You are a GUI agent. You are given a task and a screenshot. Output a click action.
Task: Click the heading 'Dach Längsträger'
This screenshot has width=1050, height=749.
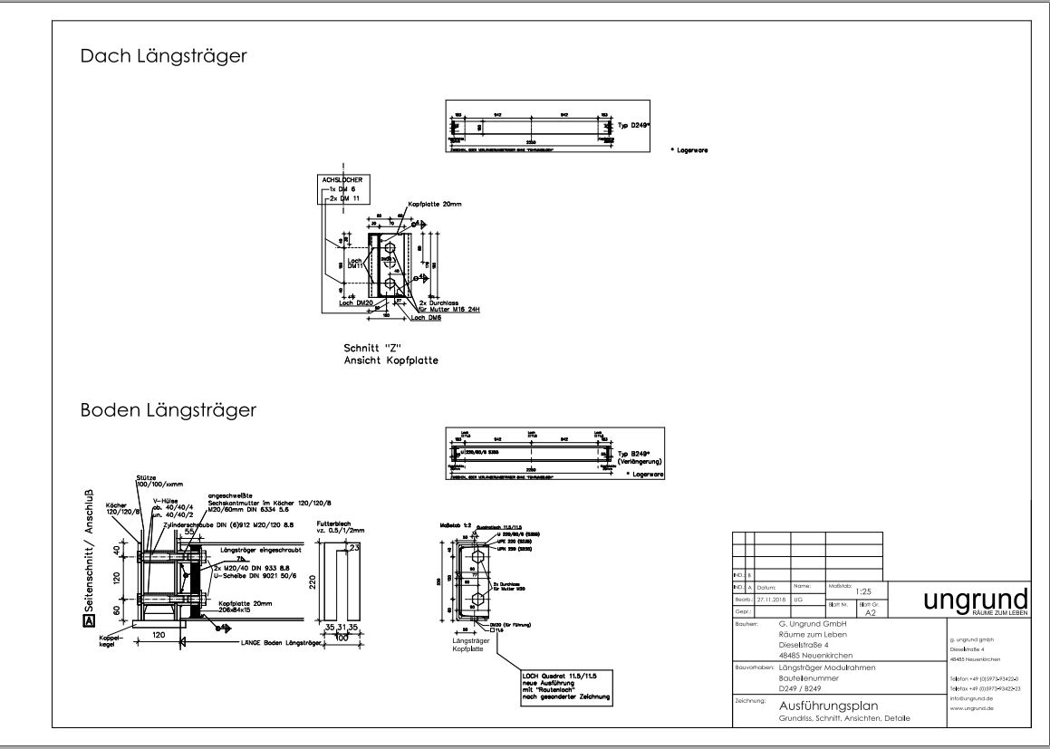coord(164,56)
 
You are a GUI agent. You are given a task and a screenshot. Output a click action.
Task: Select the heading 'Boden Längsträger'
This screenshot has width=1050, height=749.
coord(169,410)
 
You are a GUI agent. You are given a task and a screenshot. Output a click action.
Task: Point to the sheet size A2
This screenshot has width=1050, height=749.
coord(871,612)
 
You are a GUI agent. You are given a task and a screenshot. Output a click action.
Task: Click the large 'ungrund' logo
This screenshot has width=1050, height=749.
coord(975,600)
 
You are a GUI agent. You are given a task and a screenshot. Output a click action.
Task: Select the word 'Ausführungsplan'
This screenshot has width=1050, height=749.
coord(829,706)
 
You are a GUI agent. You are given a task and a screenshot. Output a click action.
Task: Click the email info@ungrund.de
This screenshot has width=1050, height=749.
coord(971,698)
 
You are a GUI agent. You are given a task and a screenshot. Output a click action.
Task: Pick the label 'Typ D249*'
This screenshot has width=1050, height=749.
coord(634,127)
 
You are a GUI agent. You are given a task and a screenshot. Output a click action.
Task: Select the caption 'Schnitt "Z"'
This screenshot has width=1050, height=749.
coord(371,348)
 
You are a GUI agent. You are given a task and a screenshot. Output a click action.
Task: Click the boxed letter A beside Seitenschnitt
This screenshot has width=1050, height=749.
coord(87,621)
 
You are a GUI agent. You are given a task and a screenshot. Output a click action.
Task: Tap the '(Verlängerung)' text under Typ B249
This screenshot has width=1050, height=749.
coord(643,461)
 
